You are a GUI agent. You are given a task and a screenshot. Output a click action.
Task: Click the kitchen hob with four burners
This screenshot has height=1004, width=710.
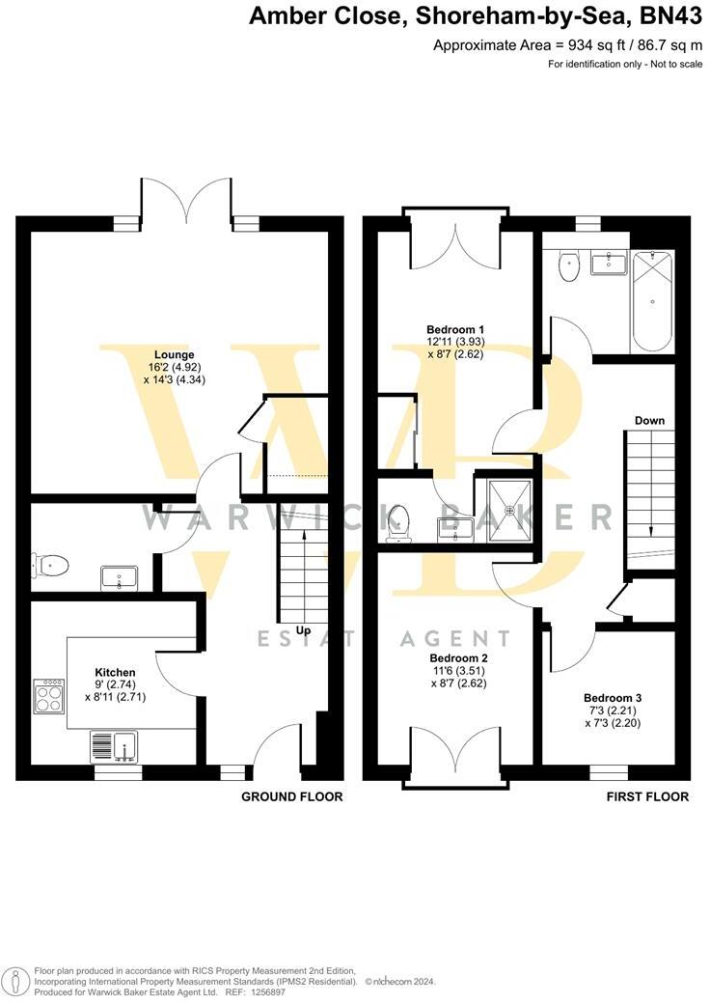48,696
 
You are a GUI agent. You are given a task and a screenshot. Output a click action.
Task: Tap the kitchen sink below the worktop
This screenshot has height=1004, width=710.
115,746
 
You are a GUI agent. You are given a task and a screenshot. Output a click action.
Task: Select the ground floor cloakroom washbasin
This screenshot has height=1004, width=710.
121,578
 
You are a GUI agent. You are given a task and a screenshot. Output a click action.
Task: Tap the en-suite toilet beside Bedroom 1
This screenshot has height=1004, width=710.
397,522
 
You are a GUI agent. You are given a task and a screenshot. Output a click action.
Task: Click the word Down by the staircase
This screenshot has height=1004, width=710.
649,420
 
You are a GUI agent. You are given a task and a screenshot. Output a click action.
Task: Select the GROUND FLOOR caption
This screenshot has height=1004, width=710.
291,796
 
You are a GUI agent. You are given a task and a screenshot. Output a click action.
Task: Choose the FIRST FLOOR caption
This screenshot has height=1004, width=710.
647,796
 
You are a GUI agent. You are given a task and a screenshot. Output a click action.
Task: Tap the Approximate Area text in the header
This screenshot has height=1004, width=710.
575,45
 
